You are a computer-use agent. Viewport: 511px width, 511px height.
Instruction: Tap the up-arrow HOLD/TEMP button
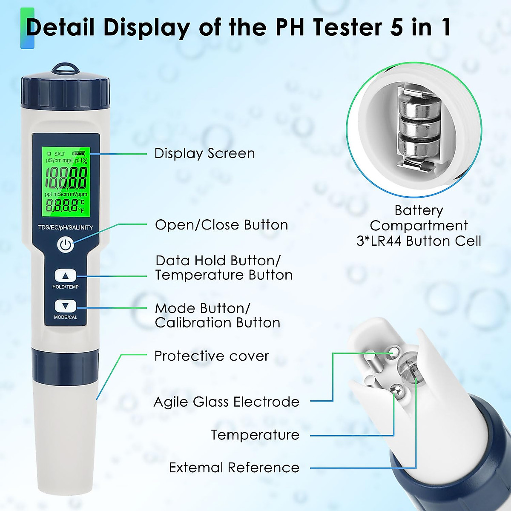[x=65, y=276]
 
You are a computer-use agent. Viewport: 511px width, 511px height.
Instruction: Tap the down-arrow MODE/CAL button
[x=65, y=306]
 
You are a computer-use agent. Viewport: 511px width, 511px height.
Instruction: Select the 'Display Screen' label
[x=204, y=153]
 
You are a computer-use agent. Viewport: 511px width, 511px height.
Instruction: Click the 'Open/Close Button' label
[x=221, y=225]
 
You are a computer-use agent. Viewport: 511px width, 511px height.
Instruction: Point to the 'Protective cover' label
[x=211, y=356]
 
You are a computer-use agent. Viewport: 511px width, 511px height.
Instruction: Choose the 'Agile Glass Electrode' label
[x=226, y=402]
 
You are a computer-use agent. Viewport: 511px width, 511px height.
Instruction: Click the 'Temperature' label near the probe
[x=255, y=435]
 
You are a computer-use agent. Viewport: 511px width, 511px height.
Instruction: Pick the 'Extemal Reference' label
[x=234, y=468]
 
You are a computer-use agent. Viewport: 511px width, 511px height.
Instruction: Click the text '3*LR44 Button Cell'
[x=419, y=241]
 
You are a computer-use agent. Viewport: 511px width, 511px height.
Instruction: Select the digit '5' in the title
[x=398, y=28]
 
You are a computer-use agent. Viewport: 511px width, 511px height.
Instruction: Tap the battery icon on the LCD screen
[x=79, y=153]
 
